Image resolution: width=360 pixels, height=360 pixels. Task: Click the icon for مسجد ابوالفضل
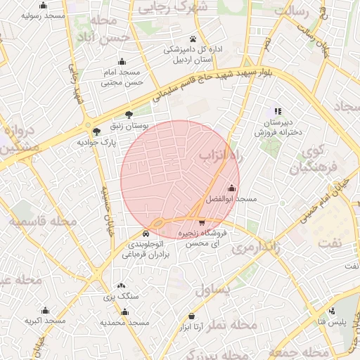tap(232, 187)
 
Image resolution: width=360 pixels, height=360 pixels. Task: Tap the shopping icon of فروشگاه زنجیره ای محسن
tap(202, 222)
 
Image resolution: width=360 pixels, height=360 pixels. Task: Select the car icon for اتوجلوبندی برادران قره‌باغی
tap(146, 233)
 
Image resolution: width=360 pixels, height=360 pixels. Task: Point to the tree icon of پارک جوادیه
tap(96, 131)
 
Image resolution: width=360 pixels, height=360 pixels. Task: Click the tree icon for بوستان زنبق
tap(129, 114)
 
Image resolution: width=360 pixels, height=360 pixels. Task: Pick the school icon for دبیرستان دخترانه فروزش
tap(278, 111)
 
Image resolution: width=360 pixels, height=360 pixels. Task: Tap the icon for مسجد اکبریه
tap(45, 310)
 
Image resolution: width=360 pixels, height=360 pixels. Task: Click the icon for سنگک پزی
tap(122, 286)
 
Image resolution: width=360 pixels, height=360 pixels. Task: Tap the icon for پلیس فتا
tap(332, 310)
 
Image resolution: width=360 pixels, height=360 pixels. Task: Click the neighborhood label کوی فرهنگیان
tap(308, 159)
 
